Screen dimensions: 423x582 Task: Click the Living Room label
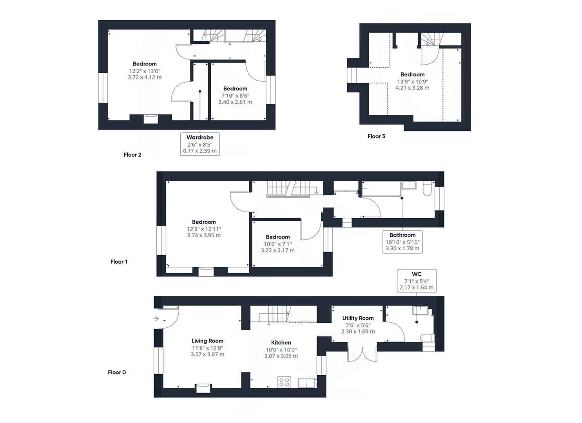pyautogui.click(x=207, y=341)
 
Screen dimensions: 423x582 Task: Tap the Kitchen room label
pyautogui.click(x=281, y=343)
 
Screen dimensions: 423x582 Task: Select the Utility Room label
pyautogui.click(x=358, y=318)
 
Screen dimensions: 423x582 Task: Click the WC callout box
pyautogui.click(x=416, y=280)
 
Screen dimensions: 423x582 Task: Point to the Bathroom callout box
pyautogui.click(x=403, y=242)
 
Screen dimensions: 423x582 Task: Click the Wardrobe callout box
pyautogui.click(x=200, y=144)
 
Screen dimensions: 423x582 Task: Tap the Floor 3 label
pyautogui.click(x=376, y=136)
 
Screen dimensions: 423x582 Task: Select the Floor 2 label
pyautogui.click(x=132, y=155)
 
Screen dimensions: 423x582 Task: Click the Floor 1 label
pyautogui.click(x=119, y=262)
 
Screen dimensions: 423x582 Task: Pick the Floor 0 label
pyautogui.click(x=117, y=372)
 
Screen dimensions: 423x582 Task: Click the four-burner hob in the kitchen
pyautogui.click(x=284, y=382)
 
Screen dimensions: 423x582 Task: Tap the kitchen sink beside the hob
pyautogui.click(x=306, y=383)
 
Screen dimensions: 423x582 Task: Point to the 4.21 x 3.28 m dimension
pyautogui.click(x=412, y=88)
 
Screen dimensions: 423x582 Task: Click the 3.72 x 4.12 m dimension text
pyautogui.click(x=145, y=78)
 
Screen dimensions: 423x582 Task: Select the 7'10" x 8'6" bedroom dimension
pyautogui.click(x=235, y=96)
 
